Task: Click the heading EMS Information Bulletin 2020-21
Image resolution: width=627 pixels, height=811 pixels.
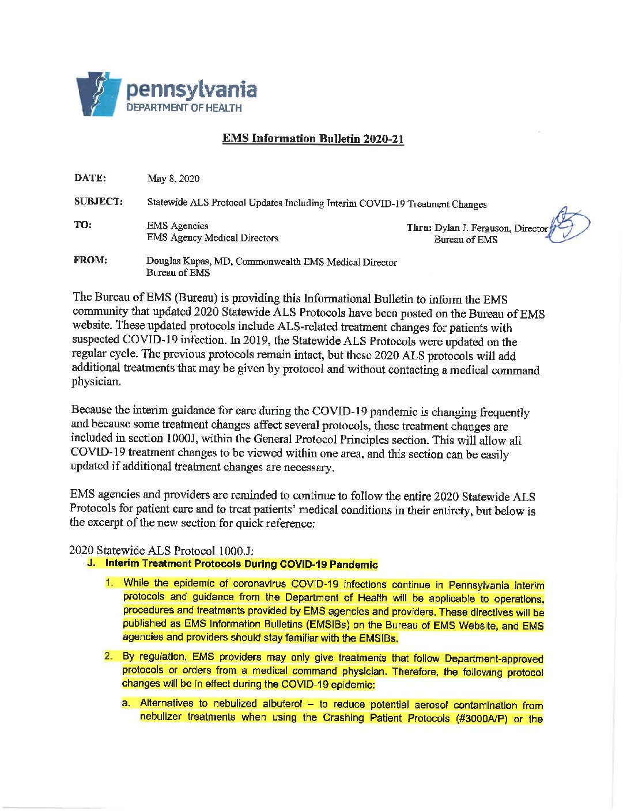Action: point(313,139)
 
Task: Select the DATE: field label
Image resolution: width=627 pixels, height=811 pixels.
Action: point(90,178)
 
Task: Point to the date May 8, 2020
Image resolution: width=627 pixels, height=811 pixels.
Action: point(173,179)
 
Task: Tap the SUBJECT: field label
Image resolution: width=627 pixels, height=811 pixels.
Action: point(98,202)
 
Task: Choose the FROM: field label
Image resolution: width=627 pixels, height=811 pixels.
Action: point(90,260)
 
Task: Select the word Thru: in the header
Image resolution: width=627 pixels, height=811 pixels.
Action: point(419,228)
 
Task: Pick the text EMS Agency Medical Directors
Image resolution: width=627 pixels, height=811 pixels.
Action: point(212,238)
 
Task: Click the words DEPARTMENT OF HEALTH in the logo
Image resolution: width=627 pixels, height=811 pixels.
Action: point(184,108)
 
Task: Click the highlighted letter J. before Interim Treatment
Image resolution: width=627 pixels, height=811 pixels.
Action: point(91,563)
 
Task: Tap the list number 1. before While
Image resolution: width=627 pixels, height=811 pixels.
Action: point(109,583)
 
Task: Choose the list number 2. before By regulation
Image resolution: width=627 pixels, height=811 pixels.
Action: point(108,656)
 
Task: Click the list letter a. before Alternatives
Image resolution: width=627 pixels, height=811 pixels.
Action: point(126,703)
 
